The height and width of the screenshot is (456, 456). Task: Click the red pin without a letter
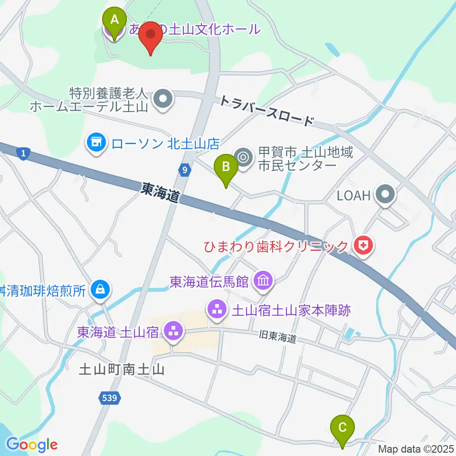pos(151,36)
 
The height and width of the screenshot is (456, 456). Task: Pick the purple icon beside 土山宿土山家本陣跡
pos(216,311)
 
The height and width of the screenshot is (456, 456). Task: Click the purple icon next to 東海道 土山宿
pos(172,332)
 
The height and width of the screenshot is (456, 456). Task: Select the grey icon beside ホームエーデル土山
pos(164,99)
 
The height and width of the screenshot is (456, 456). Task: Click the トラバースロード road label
pos(266,110)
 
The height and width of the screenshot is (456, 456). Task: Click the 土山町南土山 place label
pos(122,370)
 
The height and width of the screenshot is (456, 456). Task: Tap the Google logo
pos(32,445)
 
